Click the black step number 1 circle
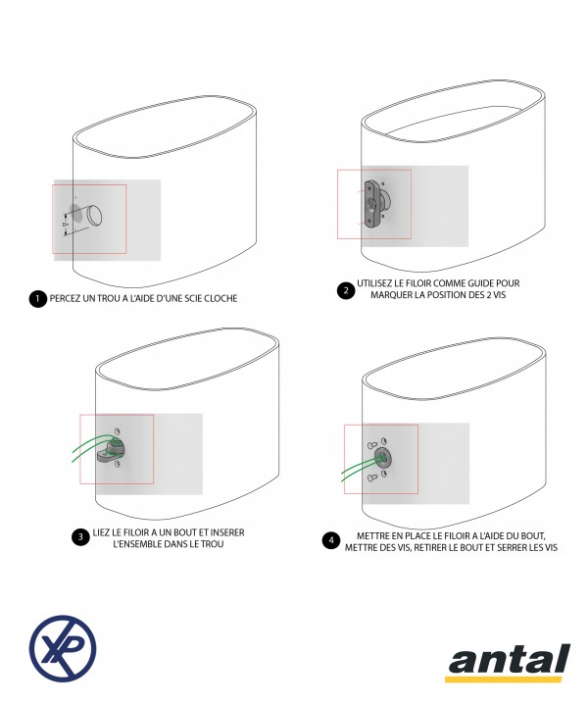click(38, 299)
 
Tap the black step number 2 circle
click(346, 290)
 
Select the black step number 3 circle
click(80, 537)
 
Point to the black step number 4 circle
click(331, 540)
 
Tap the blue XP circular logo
click(63, 648)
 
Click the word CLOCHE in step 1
click(220, 298)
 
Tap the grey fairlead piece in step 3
click(111, 451)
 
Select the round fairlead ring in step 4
click(383, 458)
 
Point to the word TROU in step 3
click(213, 544)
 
